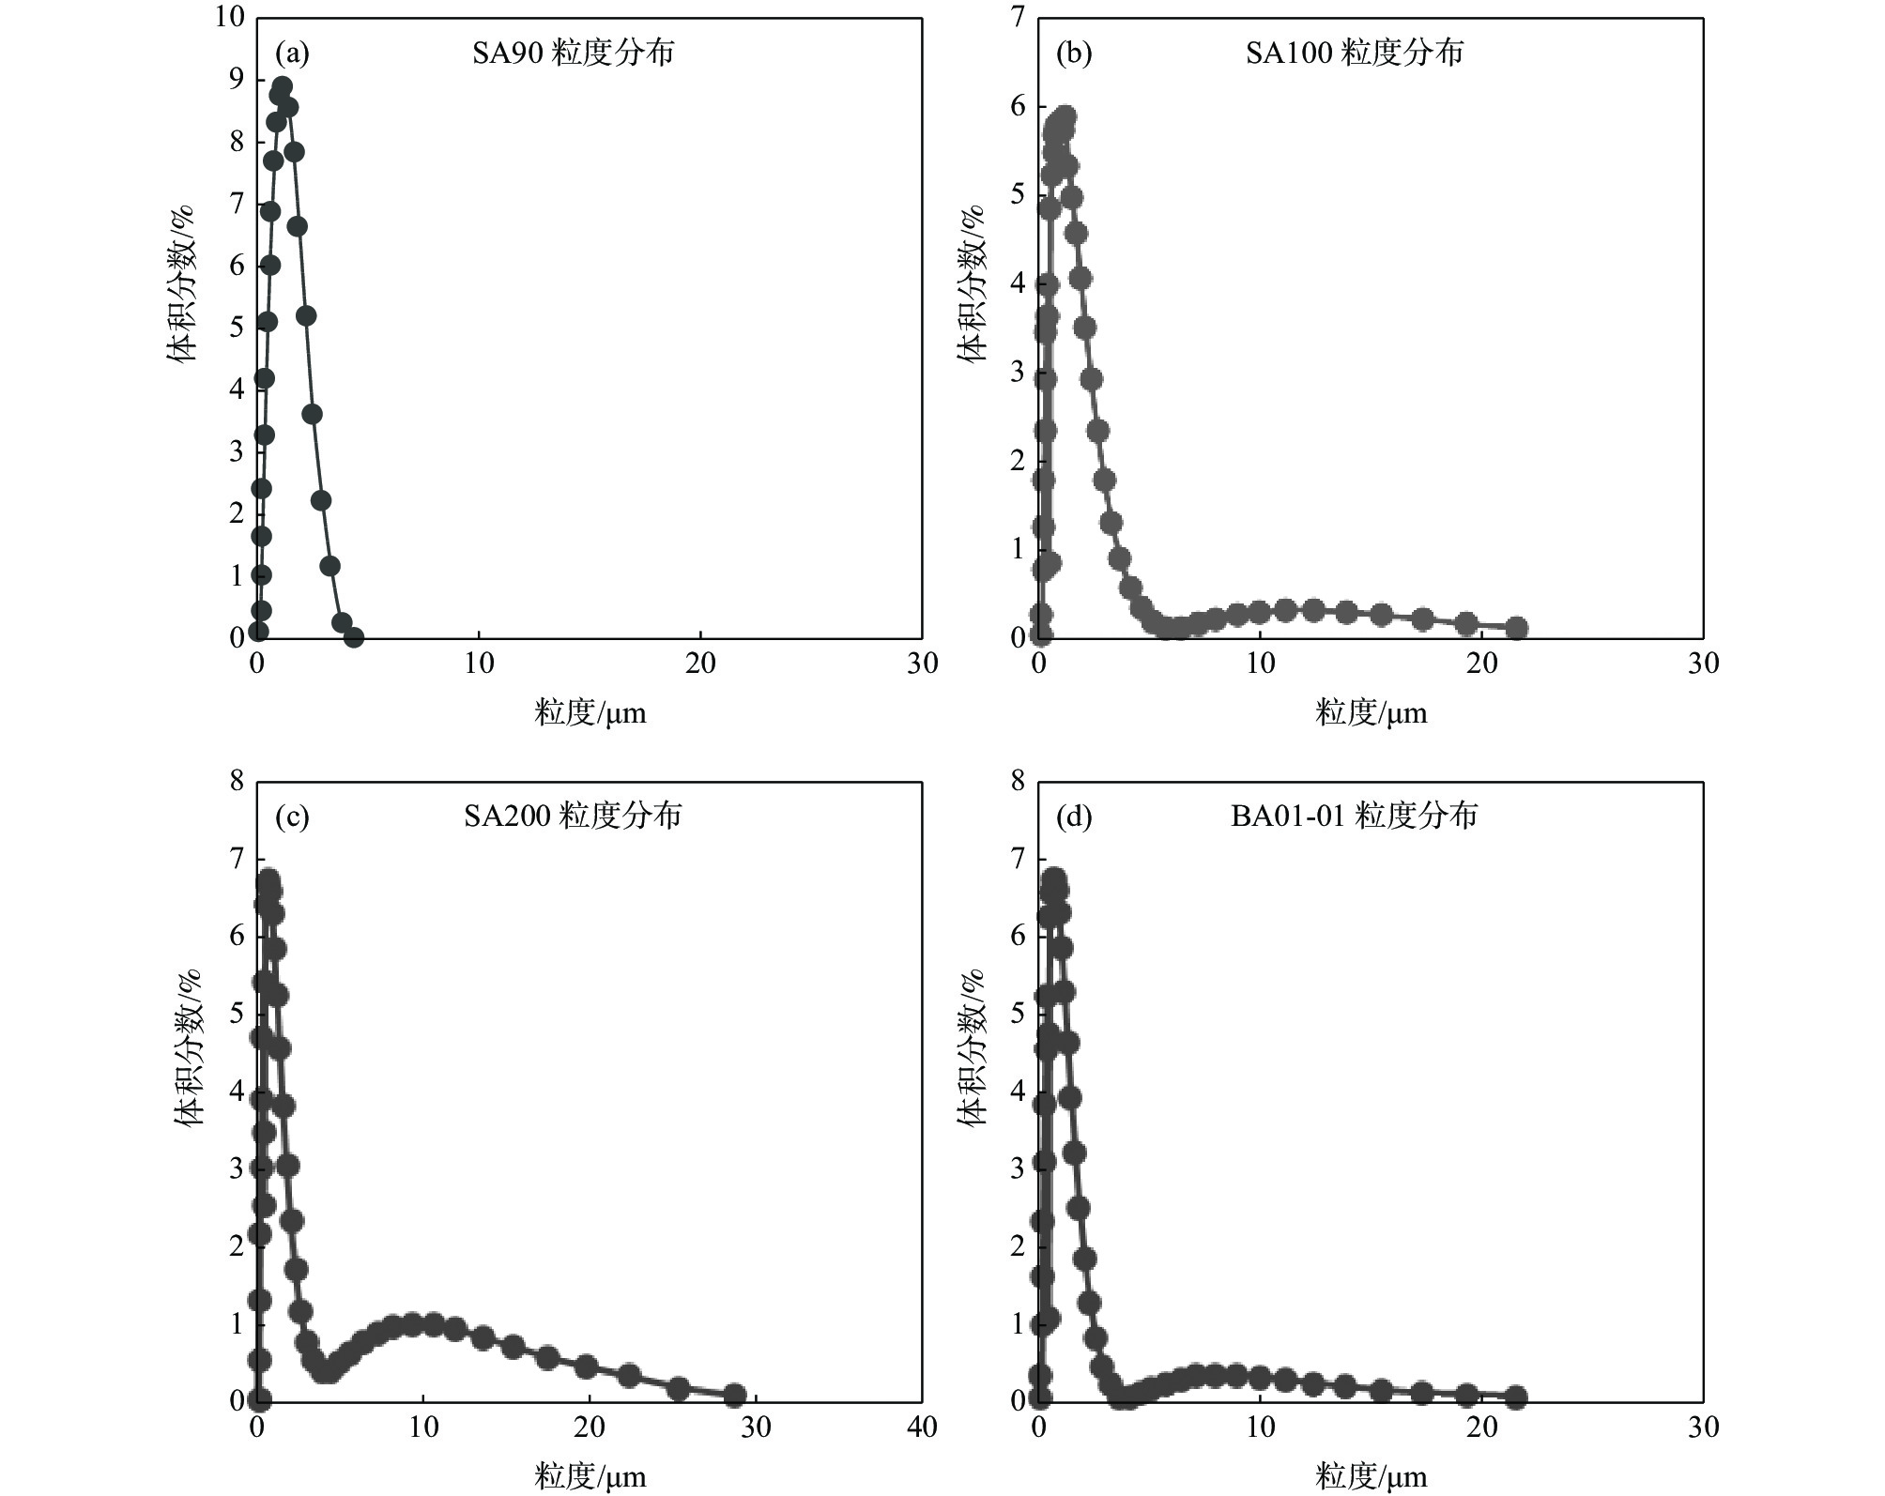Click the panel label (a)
(x=291, y=54)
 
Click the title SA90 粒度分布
(x=573, y=53)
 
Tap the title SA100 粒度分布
(x=1354, y=53)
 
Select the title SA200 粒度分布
(x=573, y=817)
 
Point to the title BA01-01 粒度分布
(x=1354, y=817)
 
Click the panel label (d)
(x=1073, y=817)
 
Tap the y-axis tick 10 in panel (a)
(x=229, y=18)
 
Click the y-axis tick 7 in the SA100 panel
(x=1018, y=18)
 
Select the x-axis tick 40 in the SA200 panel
(x=922, y=1427)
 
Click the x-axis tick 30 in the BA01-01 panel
(x=1703, y=1427)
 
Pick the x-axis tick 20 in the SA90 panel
(x=700, y=664)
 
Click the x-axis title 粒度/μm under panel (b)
(x=1371, y=713)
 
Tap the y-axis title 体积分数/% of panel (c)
(x=189, y=1047)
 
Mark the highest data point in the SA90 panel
(x=282, y=87)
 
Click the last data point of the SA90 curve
(x=353, y=637)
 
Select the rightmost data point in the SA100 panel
(x=1516, y=628)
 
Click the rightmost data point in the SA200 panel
(x=735, y=1395)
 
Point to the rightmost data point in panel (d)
(x=1516, y=1397)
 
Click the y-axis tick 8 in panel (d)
(x=1018, y=781)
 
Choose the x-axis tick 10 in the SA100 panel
(x=1260, y=664)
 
